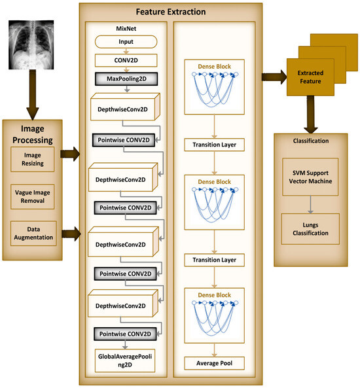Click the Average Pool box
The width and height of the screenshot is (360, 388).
click(215, 362)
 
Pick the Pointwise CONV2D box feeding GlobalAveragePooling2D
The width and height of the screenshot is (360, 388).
click(124, 334)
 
